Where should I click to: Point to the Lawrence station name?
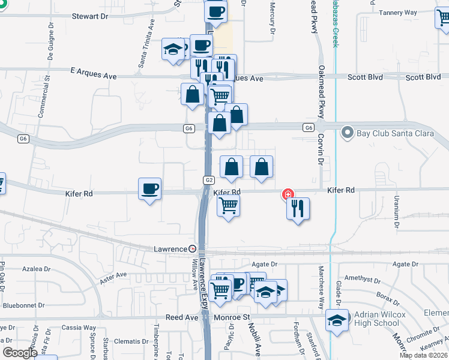pyautogui.click(x=170, y=248)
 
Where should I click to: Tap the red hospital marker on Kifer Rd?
pyautogui.click(x=288, y=194)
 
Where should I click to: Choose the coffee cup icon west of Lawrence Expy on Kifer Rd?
pyautogui.click(x=149, y=190)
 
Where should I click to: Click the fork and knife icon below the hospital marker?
pyautogui.click(x=298, y=209)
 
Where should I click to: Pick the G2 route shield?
pyautogui.click(x=208, y=180)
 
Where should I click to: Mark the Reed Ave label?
pyautogui.click(x=182, y=316)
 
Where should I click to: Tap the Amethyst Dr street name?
pyautogui.click(x=363, y=280)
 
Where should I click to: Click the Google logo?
pyautogui.click(x=20, y=352)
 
